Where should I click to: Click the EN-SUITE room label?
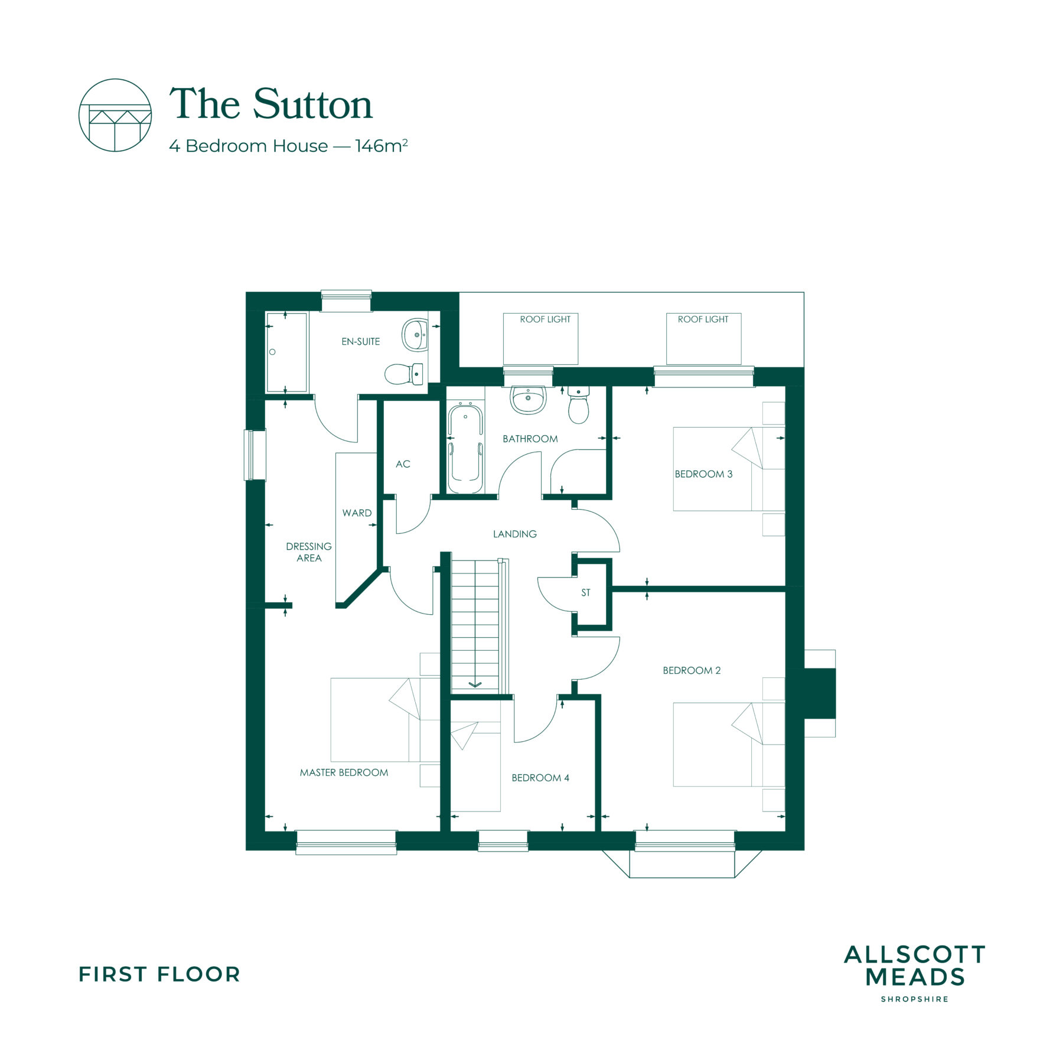360,341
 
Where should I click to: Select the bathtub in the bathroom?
465,449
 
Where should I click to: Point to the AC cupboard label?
403,464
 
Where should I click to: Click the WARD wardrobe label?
357,513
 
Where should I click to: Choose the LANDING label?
515,534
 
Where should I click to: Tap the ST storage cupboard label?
585,592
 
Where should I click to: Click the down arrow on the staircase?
475,684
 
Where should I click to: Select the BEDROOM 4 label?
540,778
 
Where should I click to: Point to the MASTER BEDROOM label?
344,772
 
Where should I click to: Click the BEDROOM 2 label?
692,670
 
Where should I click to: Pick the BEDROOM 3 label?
703,474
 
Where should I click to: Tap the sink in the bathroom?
528,400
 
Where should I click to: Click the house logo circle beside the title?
115,115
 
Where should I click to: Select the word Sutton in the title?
313,105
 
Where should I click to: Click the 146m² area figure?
381,145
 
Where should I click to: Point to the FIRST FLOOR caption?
159,974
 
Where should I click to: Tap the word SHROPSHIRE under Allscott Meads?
915,999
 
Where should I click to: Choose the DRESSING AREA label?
309,552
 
